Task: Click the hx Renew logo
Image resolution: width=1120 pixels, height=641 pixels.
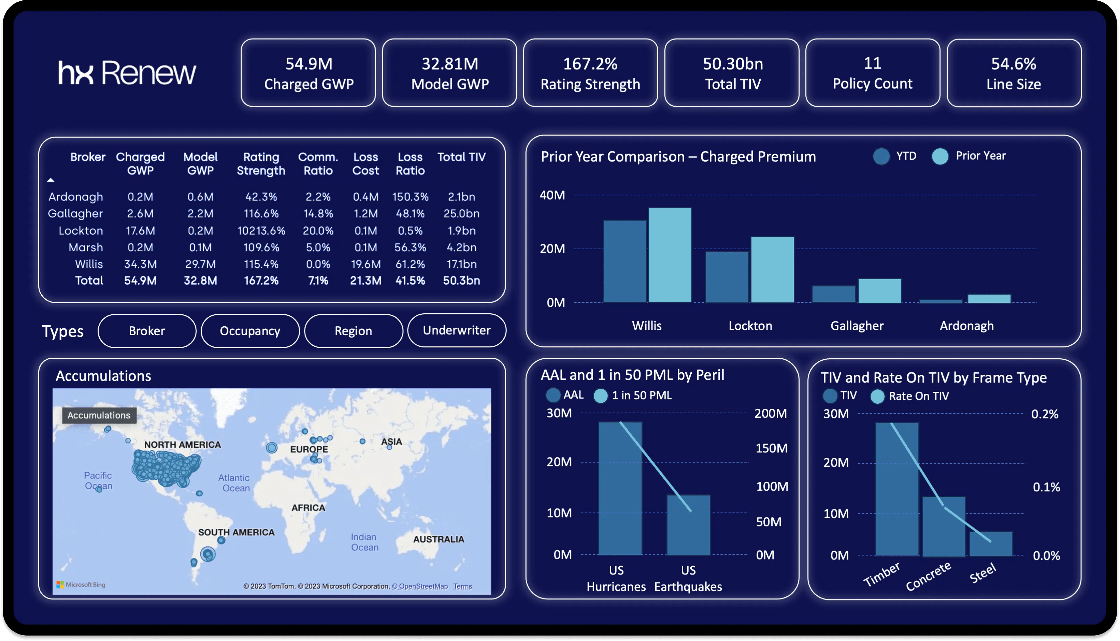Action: (x=127, y=73)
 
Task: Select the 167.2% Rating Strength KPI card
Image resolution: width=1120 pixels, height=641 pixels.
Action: (x=590, y=73)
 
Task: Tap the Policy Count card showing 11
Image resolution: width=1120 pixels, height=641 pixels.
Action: (x=872, y=73)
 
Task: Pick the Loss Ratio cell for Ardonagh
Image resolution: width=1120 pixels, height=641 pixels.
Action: (x=410, y=197)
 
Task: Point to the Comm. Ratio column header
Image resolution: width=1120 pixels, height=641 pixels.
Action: (x=318, y=164)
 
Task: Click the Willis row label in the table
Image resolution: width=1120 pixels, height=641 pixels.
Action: (x=89, y=264)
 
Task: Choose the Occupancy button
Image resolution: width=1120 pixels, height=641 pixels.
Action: (x=250, y=331)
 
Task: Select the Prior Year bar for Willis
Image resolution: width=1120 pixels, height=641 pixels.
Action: (x=670, y=255)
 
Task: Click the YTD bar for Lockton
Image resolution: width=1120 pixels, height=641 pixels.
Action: (x=727, y=277)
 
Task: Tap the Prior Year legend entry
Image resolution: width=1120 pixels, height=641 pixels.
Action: (x=969, y=156)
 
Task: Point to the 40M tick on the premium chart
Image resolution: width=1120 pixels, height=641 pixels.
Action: (x=552, y=195)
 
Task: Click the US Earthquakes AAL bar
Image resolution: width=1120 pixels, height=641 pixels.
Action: (x=688, y=525)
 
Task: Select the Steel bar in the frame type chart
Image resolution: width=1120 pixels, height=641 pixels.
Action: (x=991, y=544)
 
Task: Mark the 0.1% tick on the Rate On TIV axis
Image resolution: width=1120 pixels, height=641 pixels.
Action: (x=1046, y=487)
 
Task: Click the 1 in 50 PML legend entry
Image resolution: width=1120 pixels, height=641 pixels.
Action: (x=633, y=396)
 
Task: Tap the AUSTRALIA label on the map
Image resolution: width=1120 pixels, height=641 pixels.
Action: (x=439, y=539)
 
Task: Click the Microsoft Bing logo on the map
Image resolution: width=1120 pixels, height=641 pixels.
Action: (x=81, y=585)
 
